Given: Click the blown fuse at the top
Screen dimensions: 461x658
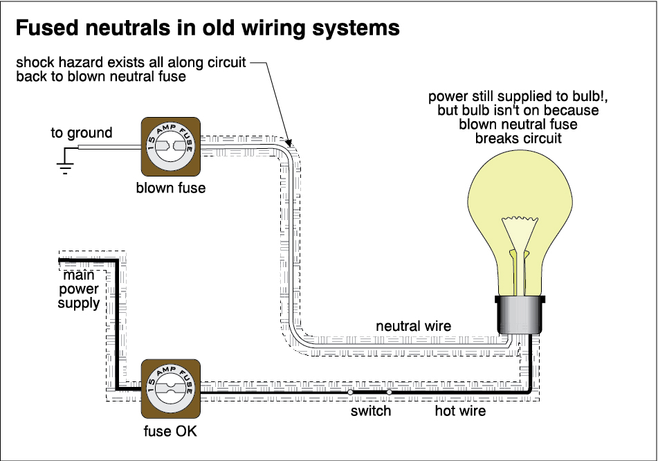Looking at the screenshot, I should [x=170, y=147].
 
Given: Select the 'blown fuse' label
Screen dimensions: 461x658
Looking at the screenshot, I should [x=170, y=188].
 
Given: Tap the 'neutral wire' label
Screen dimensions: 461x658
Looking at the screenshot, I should [x=413, y=325].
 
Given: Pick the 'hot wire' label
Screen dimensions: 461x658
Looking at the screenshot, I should [x=460, y=411].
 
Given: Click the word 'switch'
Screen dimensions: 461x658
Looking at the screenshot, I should [x=370, y=411].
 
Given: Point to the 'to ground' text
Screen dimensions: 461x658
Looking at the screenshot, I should [x=81, y=133].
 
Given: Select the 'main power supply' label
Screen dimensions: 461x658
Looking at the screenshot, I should [x=79, y=289].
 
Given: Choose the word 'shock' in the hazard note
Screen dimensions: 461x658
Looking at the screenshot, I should [x=35, y=63].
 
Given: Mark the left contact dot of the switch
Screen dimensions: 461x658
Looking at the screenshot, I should [x=350, y=392].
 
